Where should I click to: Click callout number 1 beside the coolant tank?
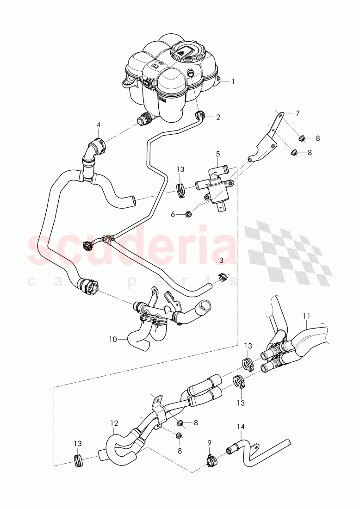(x=233, y=81)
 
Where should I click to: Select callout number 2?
(x=218, y=117)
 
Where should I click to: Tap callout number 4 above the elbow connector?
(x=98, y=125)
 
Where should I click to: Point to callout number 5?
(x=217, y=153)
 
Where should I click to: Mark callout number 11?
(x=306, y=317)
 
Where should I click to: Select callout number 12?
(x=114, y=423)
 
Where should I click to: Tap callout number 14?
(x=241, y=427)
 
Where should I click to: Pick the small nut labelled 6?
(x=189, y=214)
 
